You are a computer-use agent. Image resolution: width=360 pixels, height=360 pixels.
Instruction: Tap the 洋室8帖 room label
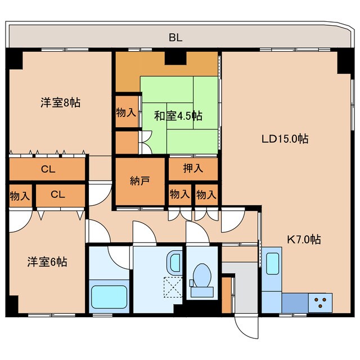(60, 102)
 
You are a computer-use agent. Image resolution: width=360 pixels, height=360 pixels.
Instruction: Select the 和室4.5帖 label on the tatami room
(178, 116)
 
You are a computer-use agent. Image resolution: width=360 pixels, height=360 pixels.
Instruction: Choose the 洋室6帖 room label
(48, 262)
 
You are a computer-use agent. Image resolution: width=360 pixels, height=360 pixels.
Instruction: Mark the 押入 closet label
(193, 168)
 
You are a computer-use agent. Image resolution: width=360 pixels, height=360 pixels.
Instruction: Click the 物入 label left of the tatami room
(126, 112)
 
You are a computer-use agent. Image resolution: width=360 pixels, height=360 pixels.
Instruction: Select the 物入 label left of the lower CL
(20, 195)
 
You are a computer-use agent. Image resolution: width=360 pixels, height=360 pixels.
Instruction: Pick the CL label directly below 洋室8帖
(48, 168)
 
